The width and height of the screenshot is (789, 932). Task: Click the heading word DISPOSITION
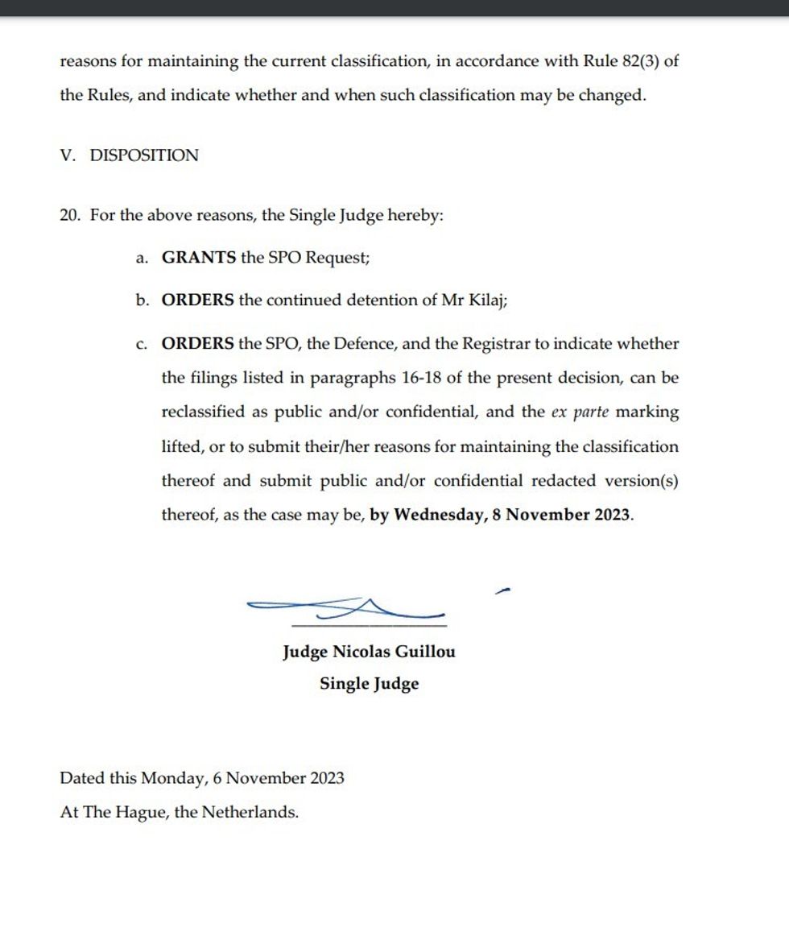click(144, 155)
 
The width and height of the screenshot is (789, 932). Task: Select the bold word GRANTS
click(199, 258)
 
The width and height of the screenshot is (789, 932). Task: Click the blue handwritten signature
click(346, 607)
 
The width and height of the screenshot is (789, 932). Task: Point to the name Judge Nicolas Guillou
click(369, 651)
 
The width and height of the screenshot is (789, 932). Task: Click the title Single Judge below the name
click(369, 684)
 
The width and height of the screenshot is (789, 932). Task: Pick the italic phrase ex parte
click(580, 412)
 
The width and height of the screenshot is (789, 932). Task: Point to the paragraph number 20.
click(70, 216)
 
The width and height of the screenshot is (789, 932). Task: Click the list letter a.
click(142, 259)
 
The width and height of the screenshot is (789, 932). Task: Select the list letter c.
click(142, 344)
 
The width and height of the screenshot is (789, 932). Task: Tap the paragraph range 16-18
click(428, 378)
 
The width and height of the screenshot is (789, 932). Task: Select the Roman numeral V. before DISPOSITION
click(68, 155)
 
